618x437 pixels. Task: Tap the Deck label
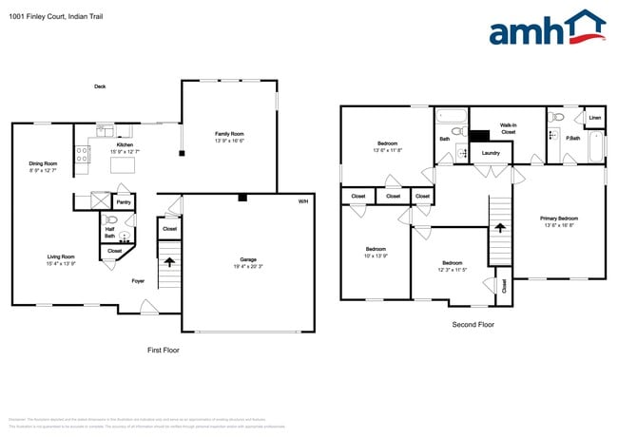click(100, 86)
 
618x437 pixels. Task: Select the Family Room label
click(229, 134)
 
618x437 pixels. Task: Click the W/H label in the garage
click(303, 201)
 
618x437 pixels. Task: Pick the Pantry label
click(124, 202)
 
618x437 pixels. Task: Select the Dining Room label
click(44, 163)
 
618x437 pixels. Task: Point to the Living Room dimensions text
click(61, 263)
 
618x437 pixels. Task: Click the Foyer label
click(138, 280)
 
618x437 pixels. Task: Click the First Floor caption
click(163, 350)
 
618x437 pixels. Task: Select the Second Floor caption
click(473, 324)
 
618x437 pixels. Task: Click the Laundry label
click(491, 153)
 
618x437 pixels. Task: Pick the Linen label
click(594, 118)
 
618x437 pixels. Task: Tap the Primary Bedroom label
click(560, 218)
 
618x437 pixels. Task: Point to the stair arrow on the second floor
click(500, 228)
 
